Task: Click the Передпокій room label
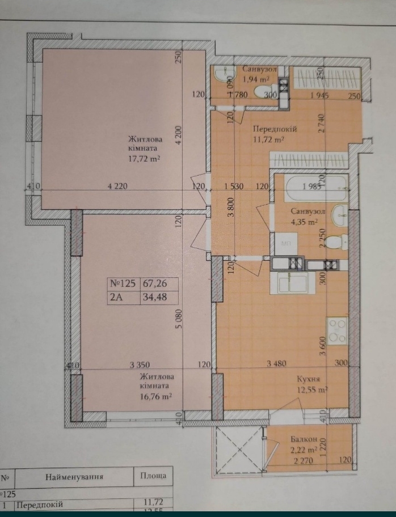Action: [275, 129]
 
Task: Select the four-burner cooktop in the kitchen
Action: [338, 330]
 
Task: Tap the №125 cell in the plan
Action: [124, 283]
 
